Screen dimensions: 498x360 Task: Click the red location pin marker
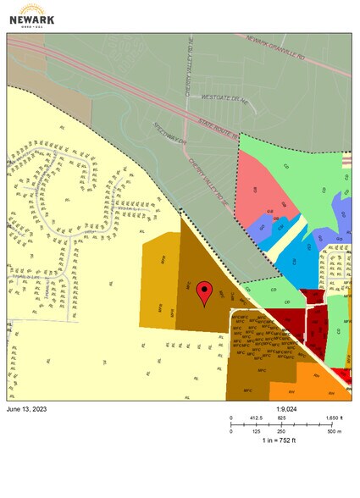point(203,293)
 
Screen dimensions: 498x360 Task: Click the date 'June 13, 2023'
point(29,409)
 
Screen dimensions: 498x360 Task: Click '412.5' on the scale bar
point(255,418)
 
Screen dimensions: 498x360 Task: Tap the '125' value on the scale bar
point(256,431)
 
